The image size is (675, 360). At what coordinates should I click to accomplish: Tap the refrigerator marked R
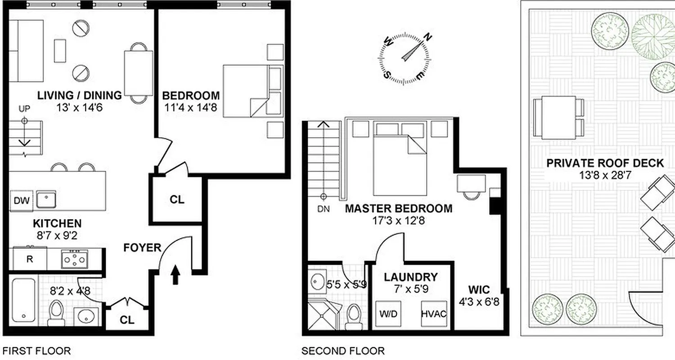[x=29, y=260]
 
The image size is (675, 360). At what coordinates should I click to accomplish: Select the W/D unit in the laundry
[x=389, y=313]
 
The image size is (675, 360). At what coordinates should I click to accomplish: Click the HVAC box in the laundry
[x=434, y=313]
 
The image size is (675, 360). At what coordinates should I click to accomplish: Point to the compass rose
[x=403, y=58]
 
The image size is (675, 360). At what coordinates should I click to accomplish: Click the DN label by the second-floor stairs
[x=323, y=208]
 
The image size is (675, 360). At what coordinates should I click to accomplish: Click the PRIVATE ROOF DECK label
[x=605, y=163]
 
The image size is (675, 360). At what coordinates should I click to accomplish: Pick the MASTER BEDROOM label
[x=398, y=208]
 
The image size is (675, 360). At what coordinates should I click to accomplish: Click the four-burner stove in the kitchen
[x=75, y=260]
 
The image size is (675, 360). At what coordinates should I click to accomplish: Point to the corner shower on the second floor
[x=322, y=315]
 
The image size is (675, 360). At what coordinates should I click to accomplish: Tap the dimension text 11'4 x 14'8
[x=192, y=108]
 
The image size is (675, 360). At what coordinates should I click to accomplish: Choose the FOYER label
[x=143, y=247]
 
